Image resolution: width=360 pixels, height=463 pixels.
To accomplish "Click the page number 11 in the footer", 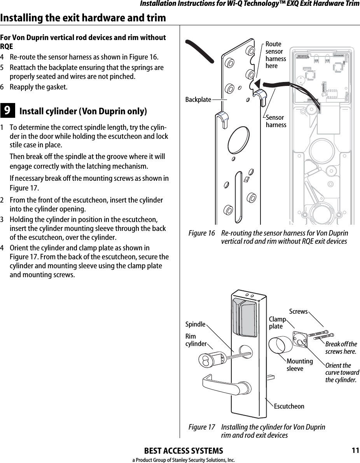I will pos(355,451).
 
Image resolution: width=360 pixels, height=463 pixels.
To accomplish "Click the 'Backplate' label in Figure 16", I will pos(198,100).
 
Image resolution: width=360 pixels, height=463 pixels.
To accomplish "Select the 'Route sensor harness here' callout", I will pos(275,55).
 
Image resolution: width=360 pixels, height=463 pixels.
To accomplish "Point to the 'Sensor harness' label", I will pos(276,121).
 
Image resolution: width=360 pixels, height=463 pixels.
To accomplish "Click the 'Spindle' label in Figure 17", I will pos(195,324).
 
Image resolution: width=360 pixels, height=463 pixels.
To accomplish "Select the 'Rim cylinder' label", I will pos(196,340).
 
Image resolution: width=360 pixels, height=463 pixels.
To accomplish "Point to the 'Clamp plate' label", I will pos(277,323).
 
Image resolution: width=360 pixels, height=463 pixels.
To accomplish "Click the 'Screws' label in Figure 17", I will pos(298,311).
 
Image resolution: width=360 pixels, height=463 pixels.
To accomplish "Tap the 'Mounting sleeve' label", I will pos(299,365).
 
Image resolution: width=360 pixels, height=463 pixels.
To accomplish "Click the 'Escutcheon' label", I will pos(289,406).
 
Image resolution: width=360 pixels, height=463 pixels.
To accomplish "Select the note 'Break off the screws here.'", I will pos(341,348).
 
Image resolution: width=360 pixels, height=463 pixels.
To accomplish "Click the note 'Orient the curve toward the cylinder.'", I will pos(342,372).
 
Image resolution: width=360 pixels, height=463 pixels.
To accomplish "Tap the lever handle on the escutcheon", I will pos(225,385).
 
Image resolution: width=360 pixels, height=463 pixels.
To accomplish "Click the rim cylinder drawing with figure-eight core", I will pos(211,359).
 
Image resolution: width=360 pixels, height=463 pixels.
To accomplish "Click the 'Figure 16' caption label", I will pos(201,233).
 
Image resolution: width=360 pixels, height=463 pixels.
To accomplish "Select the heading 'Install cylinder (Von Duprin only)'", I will pos(83,112).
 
